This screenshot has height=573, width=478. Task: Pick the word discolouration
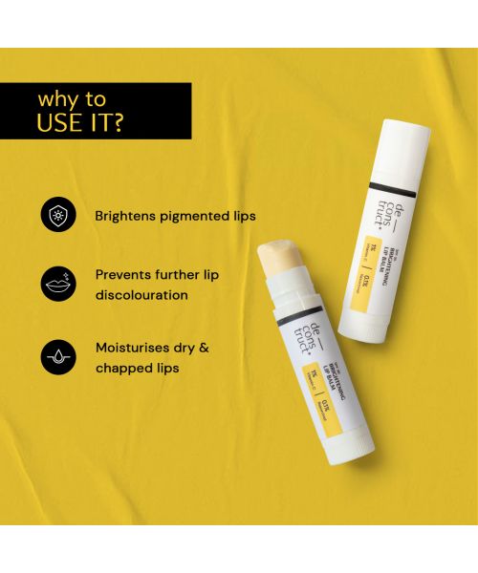pos(141,295)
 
